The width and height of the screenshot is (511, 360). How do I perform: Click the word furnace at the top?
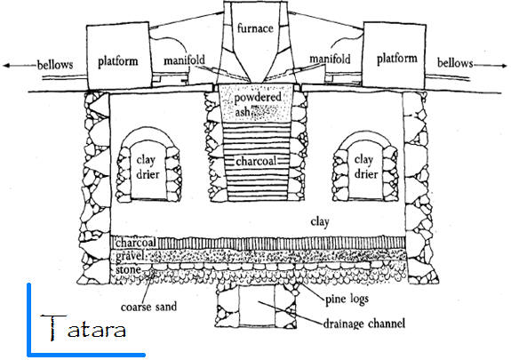pos(255,28)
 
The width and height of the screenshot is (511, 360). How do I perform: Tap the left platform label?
pos(118,61)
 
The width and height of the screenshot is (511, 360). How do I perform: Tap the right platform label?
pos(397,59)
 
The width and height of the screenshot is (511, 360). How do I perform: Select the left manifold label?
pos(185,60)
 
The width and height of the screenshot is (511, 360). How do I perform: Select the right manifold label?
pos(330,59)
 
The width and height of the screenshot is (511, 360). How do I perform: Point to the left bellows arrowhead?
pos(6,66)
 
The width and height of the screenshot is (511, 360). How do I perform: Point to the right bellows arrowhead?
pos(504,66)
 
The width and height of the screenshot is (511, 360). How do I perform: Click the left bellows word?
pos(55,65)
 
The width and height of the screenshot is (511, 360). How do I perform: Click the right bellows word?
pos(455,62)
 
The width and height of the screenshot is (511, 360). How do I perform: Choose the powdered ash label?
pos(257,104)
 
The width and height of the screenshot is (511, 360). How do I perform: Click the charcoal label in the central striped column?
pos(256,161)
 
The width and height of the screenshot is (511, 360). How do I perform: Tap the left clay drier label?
pos(148,167)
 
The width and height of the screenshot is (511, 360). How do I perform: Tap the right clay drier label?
pos(365,167)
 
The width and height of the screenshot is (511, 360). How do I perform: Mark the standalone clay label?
pos(320,222)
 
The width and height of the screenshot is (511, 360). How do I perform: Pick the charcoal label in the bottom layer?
pos(136,243)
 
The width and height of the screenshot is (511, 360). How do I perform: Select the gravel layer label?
pos(130,256)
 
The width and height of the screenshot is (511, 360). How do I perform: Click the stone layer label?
pos(128,269)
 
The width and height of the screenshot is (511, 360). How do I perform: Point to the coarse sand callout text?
pos(148,307)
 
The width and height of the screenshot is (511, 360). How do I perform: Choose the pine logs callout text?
pos(347,299)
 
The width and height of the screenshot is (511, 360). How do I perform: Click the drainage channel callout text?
pos(364,324)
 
